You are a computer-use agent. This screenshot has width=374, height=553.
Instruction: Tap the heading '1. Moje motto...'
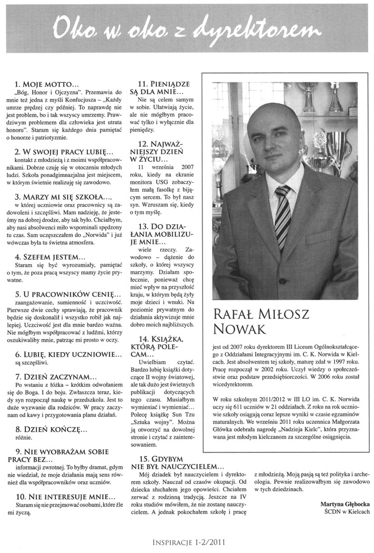point(47,84)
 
